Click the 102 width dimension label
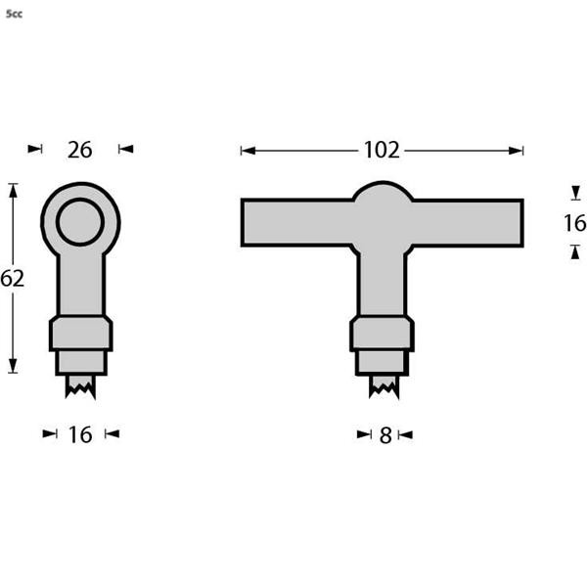[382, 150]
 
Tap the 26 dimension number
[79, 150]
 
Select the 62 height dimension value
[12, 279]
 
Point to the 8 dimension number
[385, 435]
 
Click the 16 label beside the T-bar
[574, 223]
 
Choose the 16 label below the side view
[80, 434]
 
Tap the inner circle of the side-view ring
[80, 222]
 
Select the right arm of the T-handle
[470, 222]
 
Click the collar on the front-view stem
[383, 334]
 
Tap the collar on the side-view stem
[81, 334]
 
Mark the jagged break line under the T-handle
[383, 388]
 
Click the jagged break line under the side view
[81, 388]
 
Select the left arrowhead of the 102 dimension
[247, 151]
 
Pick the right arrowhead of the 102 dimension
[518, 151]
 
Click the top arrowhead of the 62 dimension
[13, 189]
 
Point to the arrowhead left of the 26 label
[36, 149]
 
